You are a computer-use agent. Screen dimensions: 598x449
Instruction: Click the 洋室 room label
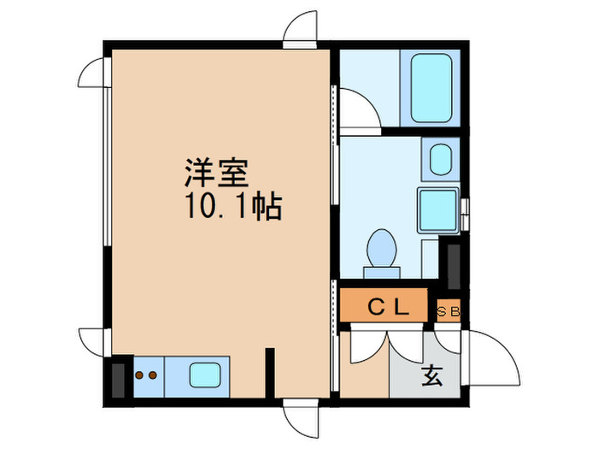[216, 173]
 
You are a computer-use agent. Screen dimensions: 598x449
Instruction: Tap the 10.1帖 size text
[234, 207]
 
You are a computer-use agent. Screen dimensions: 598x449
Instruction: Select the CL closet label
[389, 306]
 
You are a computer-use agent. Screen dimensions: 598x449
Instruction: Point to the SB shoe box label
[448, 312]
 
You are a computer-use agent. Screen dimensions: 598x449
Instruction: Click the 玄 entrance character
[432, 375]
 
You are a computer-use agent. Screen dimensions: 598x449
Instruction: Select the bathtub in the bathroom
[431, 88]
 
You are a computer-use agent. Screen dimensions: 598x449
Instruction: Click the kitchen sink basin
[205, 375]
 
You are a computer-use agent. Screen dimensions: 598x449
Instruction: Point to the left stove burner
[139, 375]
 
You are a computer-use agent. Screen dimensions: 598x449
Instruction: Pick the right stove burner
[153, 375]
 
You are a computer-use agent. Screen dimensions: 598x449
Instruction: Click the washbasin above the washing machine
[441, 160]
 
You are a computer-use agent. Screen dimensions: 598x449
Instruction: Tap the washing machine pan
[437, 210]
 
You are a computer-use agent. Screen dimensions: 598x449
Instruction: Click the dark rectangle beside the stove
[118, 381]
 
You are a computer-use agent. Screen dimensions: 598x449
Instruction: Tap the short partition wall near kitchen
[270, 373]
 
